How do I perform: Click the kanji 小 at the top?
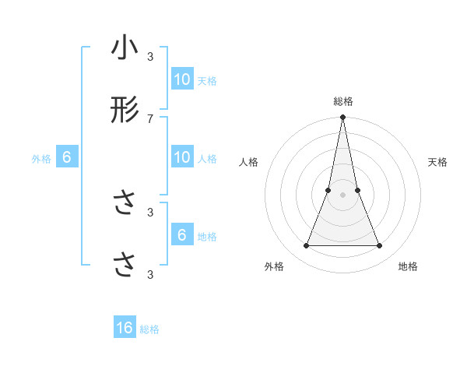coord(125,48)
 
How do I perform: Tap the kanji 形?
coord(125,111)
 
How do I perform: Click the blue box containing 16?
coord(125,328)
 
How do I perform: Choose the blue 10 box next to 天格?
coord(182,79)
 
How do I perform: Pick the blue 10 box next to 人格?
coord(182,157)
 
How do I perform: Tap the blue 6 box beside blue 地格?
coord(182,235)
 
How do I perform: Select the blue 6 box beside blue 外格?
coord(67,157)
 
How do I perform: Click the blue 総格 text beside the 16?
coord(149,329)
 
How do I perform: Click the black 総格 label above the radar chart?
coord(343,102)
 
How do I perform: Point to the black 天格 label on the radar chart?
coord(438,162)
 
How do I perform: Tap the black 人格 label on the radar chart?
coord(248,162)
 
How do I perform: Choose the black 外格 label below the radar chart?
coord(274,266)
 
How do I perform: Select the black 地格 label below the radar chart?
coord(408,266)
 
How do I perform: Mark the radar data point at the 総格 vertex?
coord(343,118)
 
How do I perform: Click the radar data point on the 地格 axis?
coord(380,246)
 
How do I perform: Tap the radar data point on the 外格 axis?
coord(306,246)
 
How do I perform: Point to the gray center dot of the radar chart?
coord(343,195)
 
